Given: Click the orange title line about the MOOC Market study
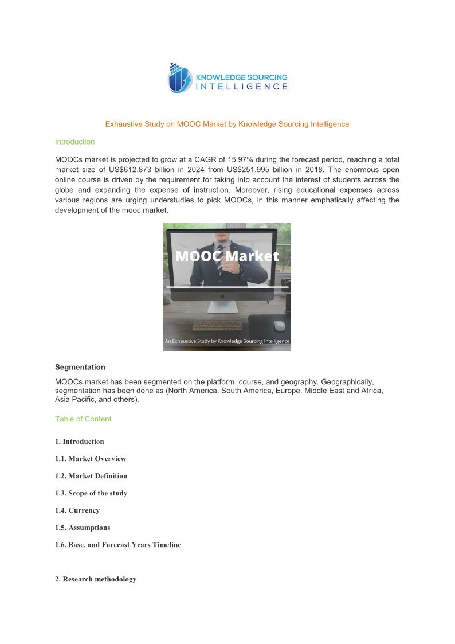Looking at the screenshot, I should pos(227,124).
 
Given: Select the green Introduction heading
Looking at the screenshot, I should pos(74,142).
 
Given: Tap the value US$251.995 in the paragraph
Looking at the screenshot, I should pos(251,170).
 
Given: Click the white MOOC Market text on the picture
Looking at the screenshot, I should pos(227,256).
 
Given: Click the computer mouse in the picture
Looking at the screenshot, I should pos(279,325).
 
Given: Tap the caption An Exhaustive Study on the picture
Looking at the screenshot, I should pos(227,341).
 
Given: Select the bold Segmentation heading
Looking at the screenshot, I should pos(80,367).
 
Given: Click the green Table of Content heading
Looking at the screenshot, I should pos(83,419).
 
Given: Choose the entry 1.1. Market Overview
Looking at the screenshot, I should pos(91,459).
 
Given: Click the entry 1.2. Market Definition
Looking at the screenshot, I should pos(91,476).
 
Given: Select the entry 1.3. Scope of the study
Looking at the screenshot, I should pos(91,493).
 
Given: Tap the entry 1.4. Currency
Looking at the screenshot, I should pos(77,510).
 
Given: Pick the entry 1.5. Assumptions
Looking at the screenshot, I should pos(83,528).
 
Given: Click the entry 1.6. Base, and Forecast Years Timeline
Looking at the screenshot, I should pos(118,545).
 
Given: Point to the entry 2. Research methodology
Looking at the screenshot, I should pos(96,579).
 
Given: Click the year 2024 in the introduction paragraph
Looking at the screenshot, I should pos(195,170).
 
